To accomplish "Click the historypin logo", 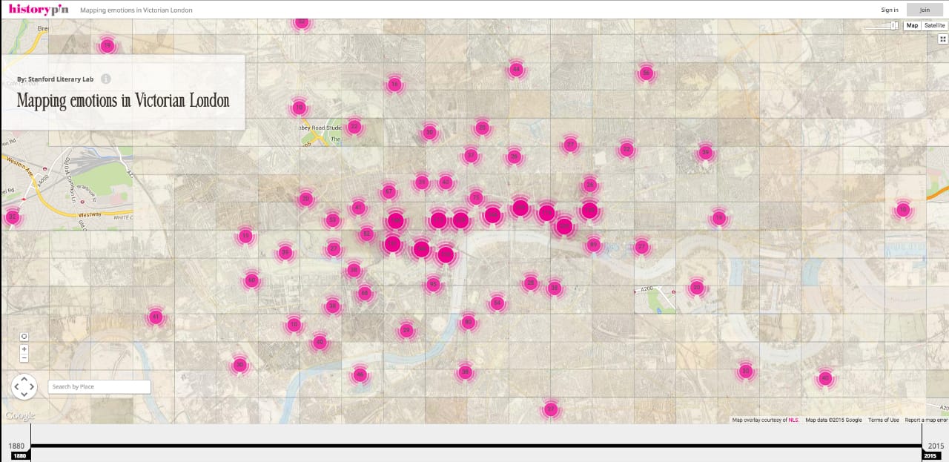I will click(39, 10).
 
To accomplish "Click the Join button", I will click(924, 10).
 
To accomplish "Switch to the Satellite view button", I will click(934, 25).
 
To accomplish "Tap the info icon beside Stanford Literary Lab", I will click(106, 79).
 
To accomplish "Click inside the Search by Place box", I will click(99, 386).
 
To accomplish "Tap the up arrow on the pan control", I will click(24, 378).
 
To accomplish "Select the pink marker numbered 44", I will click(516, 70).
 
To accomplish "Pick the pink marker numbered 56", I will click(646, 73).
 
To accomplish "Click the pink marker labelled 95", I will click(433, 284).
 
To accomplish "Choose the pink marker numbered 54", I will click(497, 303).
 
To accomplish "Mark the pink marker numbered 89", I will click(593, 245).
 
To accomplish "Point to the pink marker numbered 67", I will click(388, 192).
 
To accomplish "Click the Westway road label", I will click(90, 215).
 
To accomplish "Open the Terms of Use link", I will click(883, 420).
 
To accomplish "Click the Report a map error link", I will click(926, 420).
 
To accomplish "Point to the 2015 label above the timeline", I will click(935, 446).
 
